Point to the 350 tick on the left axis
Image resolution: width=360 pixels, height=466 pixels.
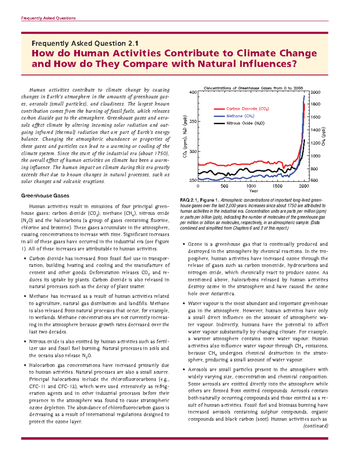coord(193,122)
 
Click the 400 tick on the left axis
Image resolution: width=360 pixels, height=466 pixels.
coord(193,92)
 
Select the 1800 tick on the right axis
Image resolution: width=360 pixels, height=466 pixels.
coord(315,104)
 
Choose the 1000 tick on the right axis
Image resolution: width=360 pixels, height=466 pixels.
coord(315,156)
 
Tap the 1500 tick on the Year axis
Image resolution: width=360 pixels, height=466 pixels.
coord(277,186)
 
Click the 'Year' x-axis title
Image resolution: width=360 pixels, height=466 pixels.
coord(253,191)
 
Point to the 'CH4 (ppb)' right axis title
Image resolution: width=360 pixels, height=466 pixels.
coord(323,137)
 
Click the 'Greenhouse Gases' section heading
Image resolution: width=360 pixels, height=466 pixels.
coord(45,196)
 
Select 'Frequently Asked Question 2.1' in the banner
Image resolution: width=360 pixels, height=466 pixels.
coord(85,44)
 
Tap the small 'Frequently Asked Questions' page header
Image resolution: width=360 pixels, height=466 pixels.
coord(48,18)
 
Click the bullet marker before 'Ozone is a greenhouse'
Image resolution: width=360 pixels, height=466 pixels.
coord(184,244)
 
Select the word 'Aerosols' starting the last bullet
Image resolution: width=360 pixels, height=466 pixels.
coord(197,370)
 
